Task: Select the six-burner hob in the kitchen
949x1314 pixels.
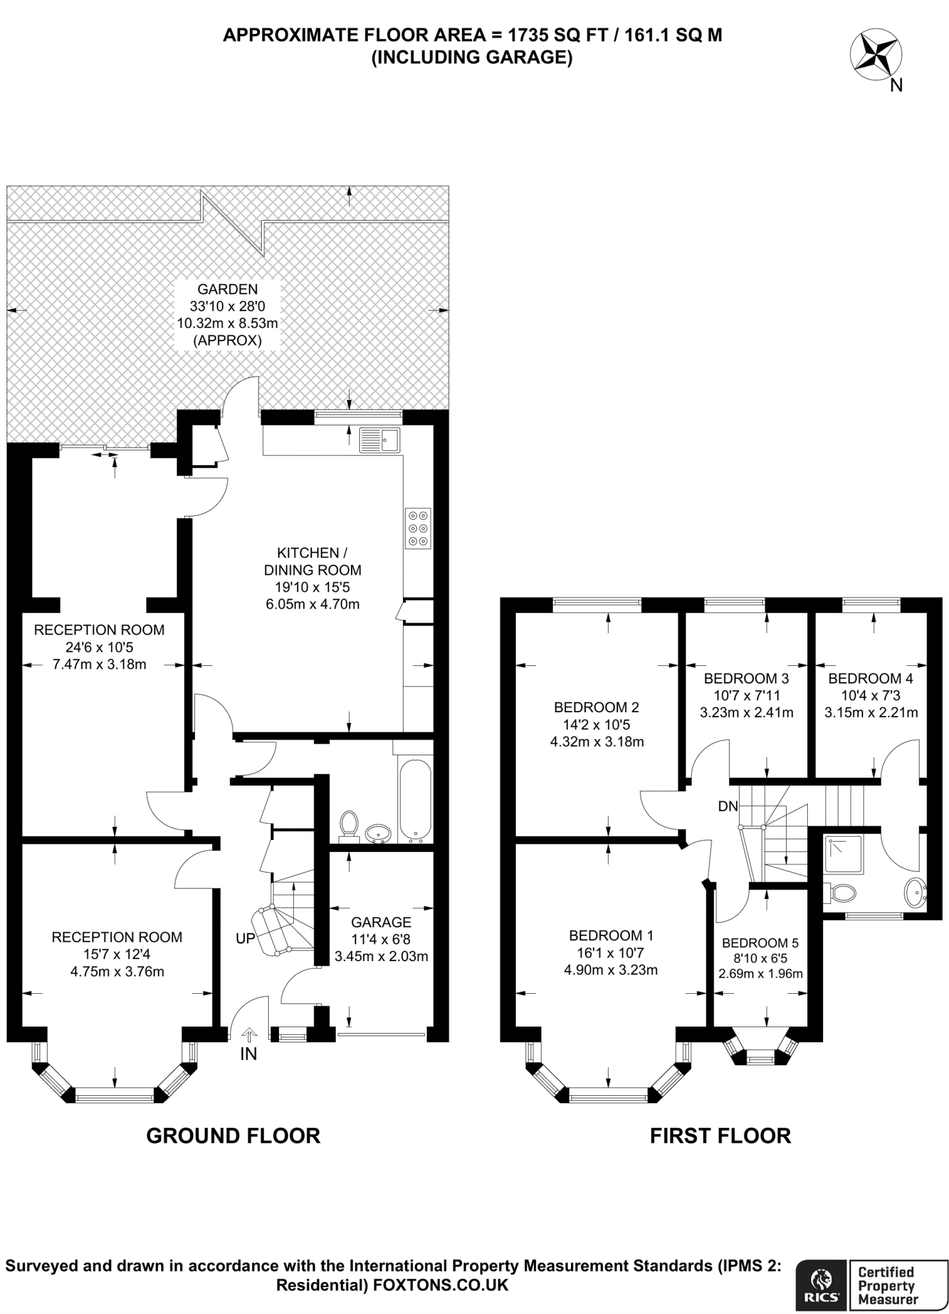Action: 418,529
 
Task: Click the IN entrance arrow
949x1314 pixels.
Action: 249,1035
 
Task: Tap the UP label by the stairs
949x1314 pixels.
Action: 245,938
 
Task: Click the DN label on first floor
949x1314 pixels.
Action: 728,806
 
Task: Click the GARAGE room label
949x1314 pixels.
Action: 381,922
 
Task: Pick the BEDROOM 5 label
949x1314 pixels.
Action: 760,943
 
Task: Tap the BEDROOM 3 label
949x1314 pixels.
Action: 746,678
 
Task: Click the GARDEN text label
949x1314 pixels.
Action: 227,289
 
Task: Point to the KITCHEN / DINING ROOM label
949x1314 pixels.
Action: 312,561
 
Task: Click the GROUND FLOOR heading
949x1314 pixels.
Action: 233,1136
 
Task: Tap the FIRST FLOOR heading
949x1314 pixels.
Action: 720,1136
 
